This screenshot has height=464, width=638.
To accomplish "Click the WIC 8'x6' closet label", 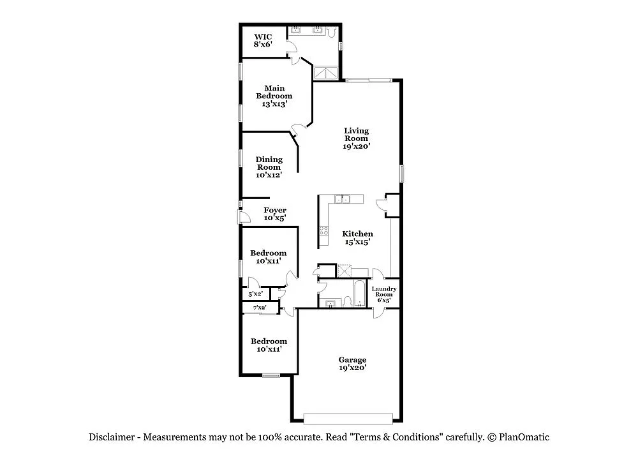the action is coord(263,41).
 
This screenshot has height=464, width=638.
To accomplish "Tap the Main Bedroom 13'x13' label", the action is coord(274,96).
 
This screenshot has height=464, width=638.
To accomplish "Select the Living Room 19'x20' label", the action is coord(357,138).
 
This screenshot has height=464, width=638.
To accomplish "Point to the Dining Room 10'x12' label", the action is coord(269,167).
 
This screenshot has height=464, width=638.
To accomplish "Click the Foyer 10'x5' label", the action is coord(275,214).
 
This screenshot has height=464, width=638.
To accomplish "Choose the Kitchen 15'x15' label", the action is coord(358,237).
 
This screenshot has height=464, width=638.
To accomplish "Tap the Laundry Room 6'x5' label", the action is coord(384,294).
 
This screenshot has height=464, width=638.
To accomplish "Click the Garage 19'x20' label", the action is coord(353,363).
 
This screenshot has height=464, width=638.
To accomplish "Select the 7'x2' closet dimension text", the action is coord(260,308).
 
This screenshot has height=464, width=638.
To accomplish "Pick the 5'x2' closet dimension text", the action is coord(256,294).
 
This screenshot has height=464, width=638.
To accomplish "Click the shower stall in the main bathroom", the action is coord(326,73).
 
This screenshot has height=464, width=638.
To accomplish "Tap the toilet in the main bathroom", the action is coord(332,31).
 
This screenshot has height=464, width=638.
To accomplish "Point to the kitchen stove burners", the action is coord(324,231).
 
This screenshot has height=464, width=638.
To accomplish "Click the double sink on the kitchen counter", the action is coord(342,199).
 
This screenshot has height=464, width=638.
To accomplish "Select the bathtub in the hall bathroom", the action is coord(360,293).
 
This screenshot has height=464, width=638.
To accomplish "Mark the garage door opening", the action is coord(348,419).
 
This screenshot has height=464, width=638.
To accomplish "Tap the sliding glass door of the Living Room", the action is coord(369,80).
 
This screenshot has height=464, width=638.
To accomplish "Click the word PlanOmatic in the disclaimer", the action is coord(524,437).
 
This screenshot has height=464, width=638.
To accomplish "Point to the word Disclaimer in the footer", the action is coord(112,437).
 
